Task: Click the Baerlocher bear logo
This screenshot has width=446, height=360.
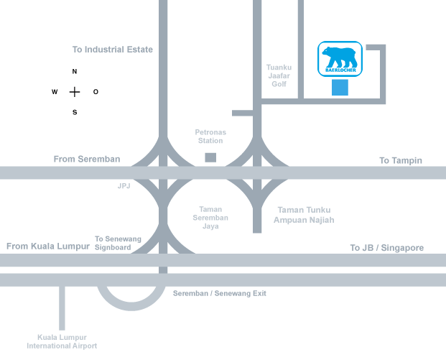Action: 340,59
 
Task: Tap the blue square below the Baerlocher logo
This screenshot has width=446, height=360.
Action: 340,88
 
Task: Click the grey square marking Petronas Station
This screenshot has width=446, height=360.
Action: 210,157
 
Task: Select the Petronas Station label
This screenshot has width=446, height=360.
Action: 210,137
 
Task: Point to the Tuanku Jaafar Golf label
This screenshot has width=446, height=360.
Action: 279,75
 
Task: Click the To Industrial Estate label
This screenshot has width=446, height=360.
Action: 113,50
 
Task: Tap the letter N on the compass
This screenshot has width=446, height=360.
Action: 75,71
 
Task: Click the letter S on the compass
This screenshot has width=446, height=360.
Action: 75,112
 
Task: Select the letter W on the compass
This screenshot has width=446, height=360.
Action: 55,92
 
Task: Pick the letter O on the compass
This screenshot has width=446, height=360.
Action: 96,92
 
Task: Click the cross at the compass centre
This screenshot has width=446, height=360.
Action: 75,92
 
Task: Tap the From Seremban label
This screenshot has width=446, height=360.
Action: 87,159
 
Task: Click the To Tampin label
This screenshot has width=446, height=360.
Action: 401,160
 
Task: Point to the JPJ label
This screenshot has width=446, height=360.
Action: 124,186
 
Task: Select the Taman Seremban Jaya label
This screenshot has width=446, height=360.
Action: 210,218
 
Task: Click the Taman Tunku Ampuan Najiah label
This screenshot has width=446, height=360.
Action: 304,215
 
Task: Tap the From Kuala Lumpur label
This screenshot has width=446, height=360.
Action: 48,246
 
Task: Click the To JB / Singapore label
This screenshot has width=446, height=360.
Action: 387,248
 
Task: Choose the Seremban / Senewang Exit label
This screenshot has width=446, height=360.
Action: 220,293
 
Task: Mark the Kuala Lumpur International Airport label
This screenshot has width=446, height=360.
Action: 62,341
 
